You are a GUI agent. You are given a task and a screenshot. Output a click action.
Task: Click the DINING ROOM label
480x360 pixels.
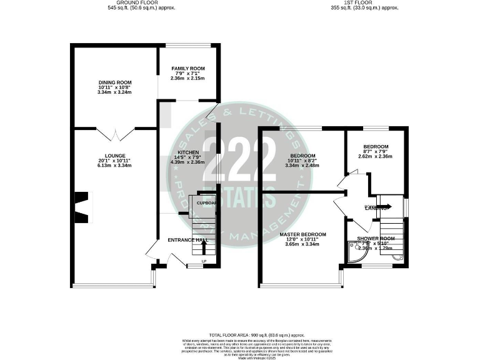click(114, 82)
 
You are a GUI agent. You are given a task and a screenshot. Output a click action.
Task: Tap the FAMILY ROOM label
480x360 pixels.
click(188, 68)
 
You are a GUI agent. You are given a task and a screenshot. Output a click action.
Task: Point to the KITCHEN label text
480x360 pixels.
click(188, 152)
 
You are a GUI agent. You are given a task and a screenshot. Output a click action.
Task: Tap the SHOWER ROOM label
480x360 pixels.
click(376, 238)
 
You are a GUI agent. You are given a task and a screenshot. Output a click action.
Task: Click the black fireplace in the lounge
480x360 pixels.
click(81, 207)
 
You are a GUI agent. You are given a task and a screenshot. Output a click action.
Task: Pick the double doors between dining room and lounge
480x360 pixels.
click(116, 133)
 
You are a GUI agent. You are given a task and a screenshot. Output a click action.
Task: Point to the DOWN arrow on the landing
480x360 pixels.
click(381, 206)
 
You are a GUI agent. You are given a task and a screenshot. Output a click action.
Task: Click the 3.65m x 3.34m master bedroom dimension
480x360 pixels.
click(301, 244)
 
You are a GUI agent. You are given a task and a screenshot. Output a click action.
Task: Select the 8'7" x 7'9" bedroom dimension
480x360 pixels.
click(376, 152)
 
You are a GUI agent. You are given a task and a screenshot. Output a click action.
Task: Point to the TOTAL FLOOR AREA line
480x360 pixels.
click(240, 336)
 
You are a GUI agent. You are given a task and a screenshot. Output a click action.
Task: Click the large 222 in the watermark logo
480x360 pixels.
click(240, 159)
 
